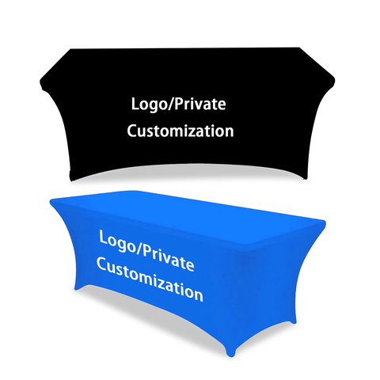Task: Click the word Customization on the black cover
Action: pos(180,131)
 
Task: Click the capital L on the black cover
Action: pos(135,104)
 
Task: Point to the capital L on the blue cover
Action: pos(104,237)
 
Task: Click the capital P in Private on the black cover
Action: pos(179,104)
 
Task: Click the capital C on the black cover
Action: pos(132,131)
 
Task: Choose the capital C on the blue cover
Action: pos(101,264)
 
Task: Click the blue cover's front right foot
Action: pos(230,351)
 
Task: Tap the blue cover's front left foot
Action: pos(78,287)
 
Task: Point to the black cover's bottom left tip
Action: pos(70,180)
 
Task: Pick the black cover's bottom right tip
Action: pos(306,178)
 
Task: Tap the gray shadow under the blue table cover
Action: pos(148,314)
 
